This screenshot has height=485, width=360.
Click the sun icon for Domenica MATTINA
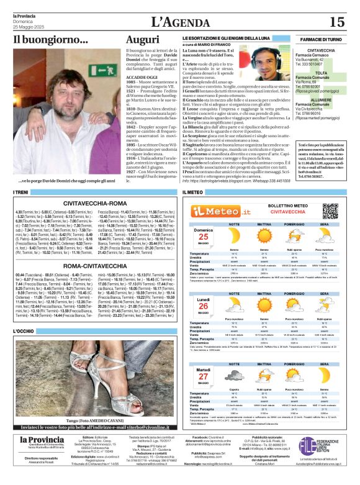click(x=264, y=236)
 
